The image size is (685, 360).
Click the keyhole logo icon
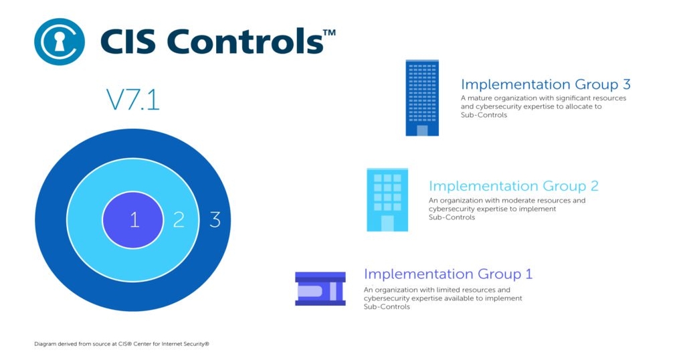(60, 41)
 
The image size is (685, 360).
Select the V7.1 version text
(132, 100)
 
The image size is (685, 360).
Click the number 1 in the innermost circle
(134, 219)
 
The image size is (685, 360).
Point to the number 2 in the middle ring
(179, 219)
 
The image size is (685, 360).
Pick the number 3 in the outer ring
(215, 219)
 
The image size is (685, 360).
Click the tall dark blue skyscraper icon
(422, 98)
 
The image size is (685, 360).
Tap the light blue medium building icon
(387, 199)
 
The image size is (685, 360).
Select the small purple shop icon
(320, 288)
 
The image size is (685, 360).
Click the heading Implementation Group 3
(545, 84)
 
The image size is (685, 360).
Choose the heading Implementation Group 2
(513, 186)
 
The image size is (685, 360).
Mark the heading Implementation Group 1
(448, 274)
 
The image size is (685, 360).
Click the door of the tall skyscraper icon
(422, 130)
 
